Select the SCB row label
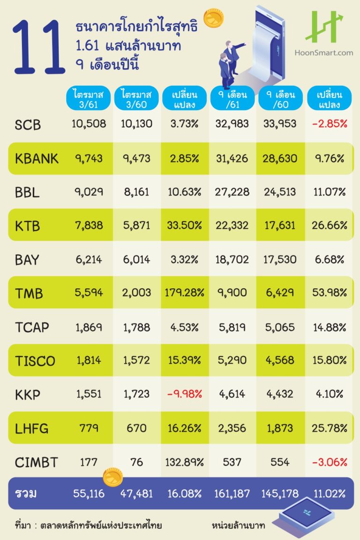[x=28, y=125]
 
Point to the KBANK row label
[x=37, y=158]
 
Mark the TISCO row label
[x=35, y=361]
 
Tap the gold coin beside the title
[x=213, y=17]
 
